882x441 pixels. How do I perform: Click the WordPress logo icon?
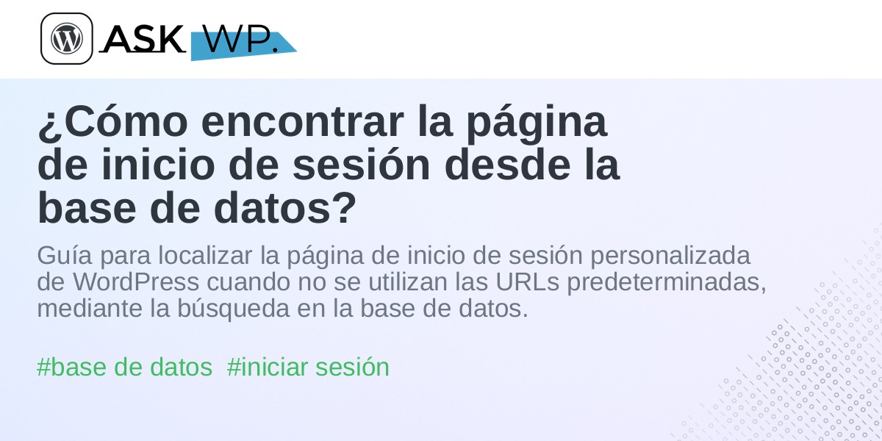pos(67,38)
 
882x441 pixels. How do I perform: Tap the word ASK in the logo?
pos(143,38)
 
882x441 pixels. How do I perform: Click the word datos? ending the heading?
pos(285,208)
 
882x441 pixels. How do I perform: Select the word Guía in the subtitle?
pos(65,255)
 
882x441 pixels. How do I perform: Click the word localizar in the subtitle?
pos(205,255)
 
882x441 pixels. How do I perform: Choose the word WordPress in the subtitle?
pos(136,282)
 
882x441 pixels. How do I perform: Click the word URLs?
pos(527,282)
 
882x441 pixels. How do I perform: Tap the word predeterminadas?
pos(667,283)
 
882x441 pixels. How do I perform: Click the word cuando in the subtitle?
pos(248,282)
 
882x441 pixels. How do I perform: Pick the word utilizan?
pos(408,282)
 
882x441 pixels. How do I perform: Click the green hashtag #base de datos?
pos(124,367)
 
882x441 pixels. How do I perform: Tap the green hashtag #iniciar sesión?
pos(308,367)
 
